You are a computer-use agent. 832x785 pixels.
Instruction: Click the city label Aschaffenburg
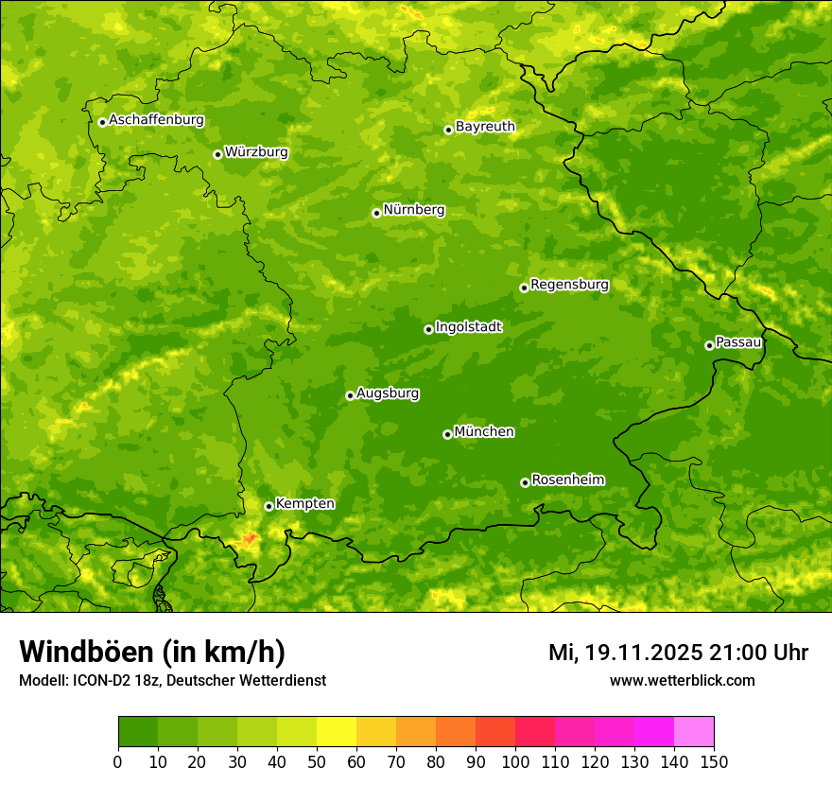pos(156,120)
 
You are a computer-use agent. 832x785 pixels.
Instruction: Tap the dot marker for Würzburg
pos(217,154)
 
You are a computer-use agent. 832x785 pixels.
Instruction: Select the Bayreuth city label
pos(485,127)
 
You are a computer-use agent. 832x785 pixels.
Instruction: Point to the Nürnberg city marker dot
pos(376,213)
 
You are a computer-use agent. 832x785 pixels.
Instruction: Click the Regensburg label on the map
pos(569,285)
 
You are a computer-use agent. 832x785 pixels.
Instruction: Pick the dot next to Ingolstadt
pos(428,329)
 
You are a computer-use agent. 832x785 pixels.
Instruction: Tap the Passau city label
pos(738,342)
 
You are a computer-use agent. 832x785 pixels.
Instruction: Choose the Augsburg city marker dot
pos(350,395)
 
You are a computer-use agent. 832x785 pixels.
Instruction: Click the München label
pos(484,432)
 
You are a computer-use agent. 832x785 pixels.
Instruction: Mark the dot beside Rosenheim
pos(525,482)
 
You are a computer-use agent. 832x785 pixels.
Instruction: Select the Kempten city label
pos(304,504)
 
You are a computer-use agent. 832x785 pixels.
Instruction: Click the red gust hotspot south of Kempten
pos(250,538)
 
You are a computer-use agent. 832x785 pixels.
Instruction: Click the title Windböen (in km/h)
pos(152,652)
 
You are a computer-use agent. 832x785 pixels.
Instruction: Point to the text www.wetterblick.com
pos(682,680)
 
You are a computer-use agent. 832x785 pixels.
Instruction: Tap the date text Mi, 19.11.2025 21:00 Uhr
pos(678,653)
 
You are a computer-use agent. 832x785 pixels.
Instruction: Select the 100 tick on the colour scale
pos(515,761)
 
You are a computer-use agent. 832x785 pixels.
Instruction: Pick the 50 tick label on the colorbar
pos(317,761)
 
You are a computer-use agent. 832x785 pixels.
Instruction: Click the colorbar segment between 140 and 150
pos(694,732)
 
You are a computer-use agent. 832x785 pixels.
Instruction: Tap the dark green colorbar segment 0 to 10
pos(138,732)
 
